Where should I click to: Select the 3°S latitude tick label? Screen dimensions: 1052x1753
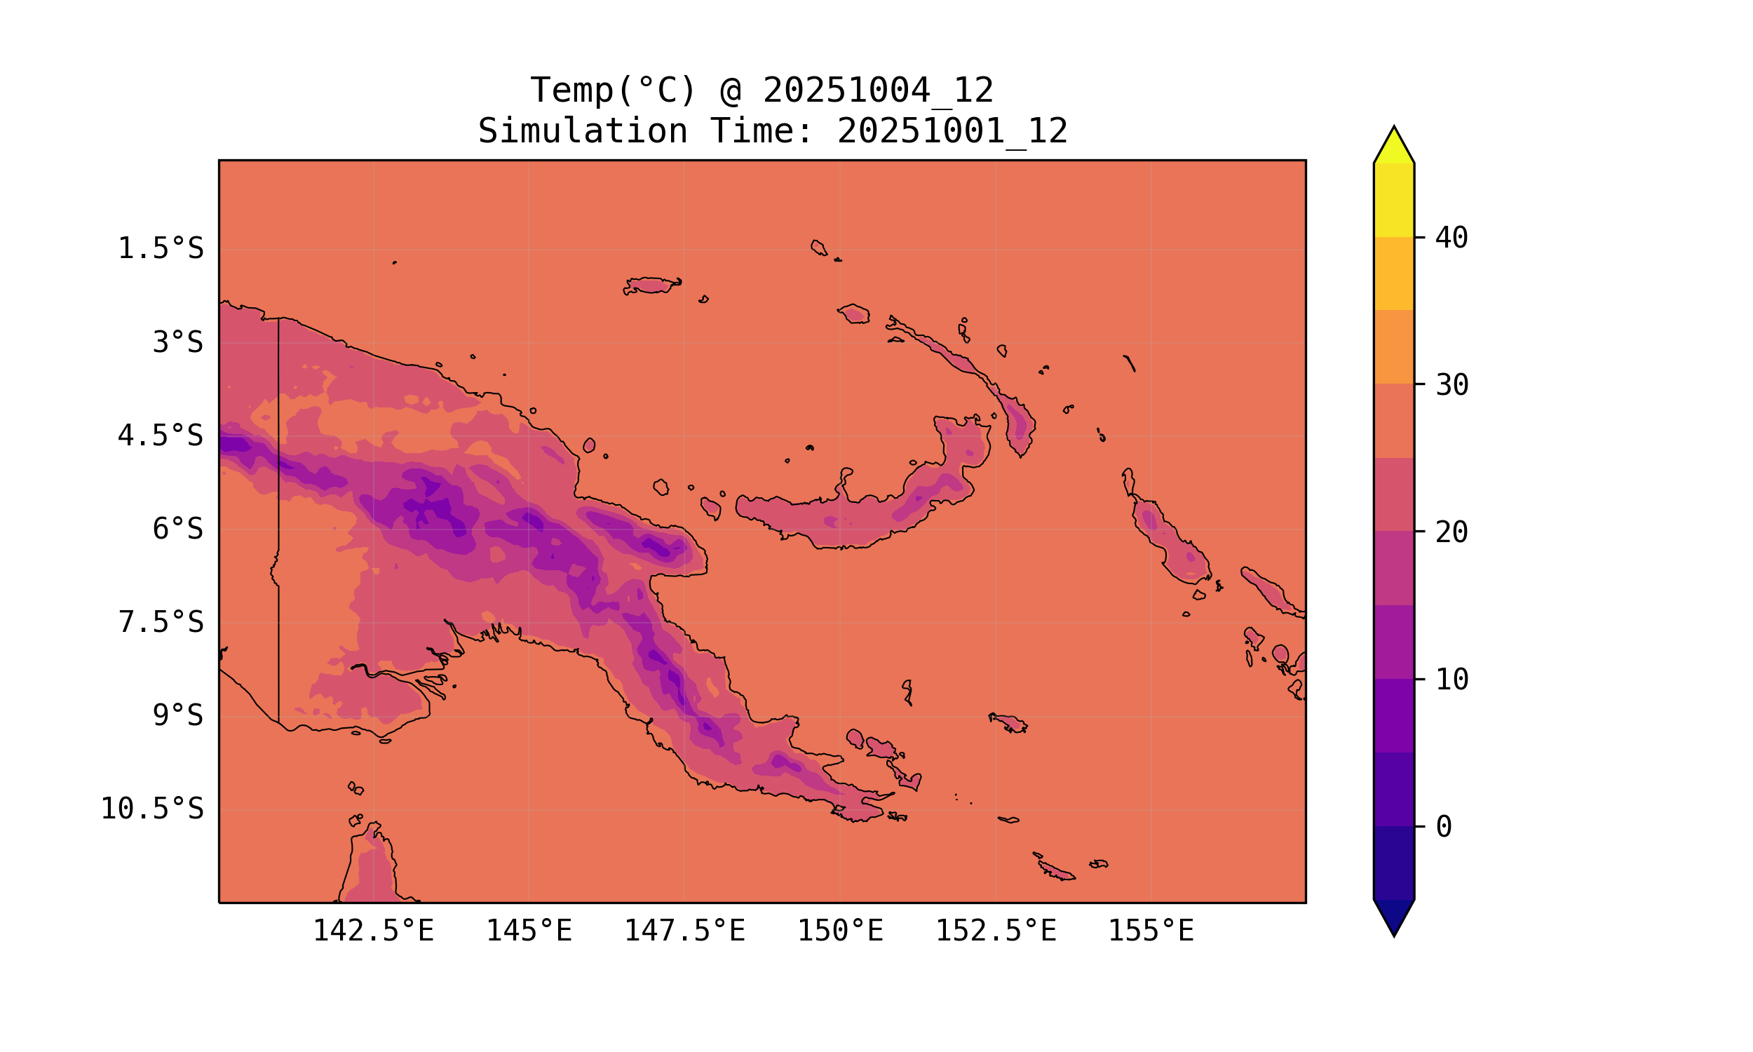(x=177, y=343)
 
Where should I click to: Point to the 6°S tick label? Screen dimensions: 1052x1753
(x=177, y=530)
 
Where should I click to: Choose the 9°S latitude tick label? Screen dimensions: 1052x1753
(x=177, y=716)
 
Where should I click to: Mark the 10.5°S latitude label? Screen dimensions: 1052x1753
(x=151, y=809)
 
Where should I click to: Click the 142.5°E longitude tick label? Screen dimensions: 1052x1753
(x=374, y=931)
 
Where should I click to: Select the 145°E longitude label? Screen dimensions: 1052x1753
(x=529, y=931)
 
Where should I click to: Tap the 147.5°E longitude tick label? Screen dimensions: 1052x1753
(x=684, y=931)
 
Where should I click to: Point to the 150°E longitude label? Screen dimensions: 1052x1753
(x=840, y=931)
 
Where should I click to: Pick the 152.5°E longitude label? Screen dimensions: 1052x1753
(x=996, y=931)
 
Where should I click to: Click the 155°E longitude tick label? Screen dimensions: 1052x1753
(x=1151, y=931)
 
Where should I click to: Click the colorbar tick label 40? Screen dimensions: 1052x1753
(x=1451, y=238)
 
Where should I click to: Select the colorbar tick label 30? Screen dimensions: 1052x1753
(x=1451, y=386)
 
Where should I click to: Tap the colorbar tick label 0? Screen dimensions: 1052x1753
(x=1443, y=828)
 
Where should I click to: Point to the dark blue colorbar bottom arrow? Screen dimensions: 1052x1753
(x=1394, y=917)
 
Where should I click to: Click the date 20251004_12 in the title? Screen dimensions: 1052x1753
(x=878, y=90)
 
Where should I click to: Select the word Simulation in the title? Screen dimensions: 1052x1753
(x=583, y=132)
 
